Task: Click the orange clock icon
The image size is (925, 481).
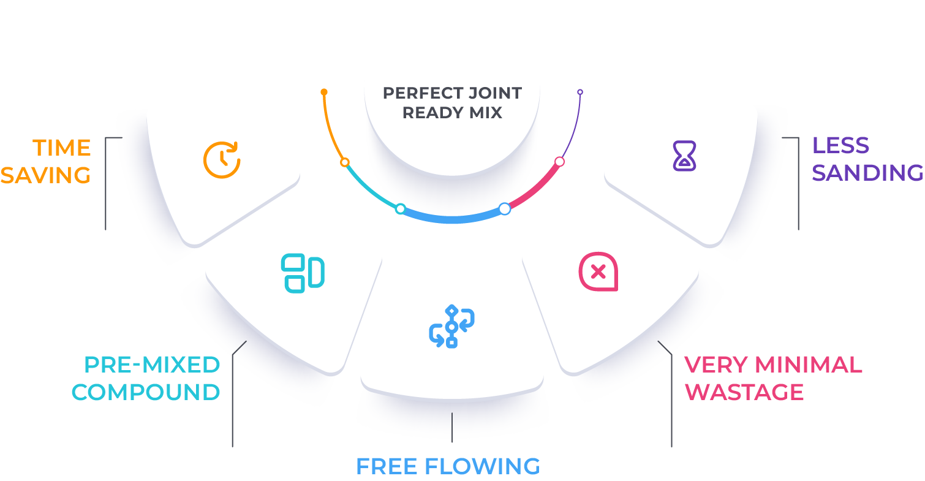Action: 222,160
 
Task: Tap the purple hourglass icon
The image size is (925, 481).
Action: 684,155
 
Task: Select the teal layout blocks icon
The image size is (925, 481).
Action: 303,273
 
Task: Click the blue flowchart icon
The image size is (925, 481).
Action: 451,326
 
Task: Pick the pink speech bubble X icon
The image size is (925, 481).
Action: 598,271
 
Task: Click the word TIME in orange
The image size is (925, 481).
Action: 61,148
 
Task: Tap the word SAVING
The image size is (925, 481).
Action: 45,175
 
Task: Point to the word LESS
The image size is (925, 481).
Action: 840,146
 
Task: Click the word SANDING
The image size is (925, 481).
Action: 867,173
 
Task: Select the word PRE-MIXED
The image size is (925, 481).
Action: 152,365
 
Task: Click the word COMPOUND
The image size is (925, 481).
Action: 146,392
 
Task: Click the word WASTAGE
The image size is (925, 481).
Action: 744,392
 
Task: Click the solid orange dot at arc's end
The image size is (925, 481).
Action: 324,92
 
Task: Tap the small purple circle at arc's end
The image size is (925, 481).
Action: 580,92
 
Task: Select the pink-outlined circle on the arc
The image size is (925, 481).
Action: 559,162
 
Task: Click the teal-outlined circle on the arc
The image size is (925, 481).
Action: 400,209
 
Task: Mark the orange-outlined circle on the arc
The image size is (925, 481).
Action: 345,162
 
